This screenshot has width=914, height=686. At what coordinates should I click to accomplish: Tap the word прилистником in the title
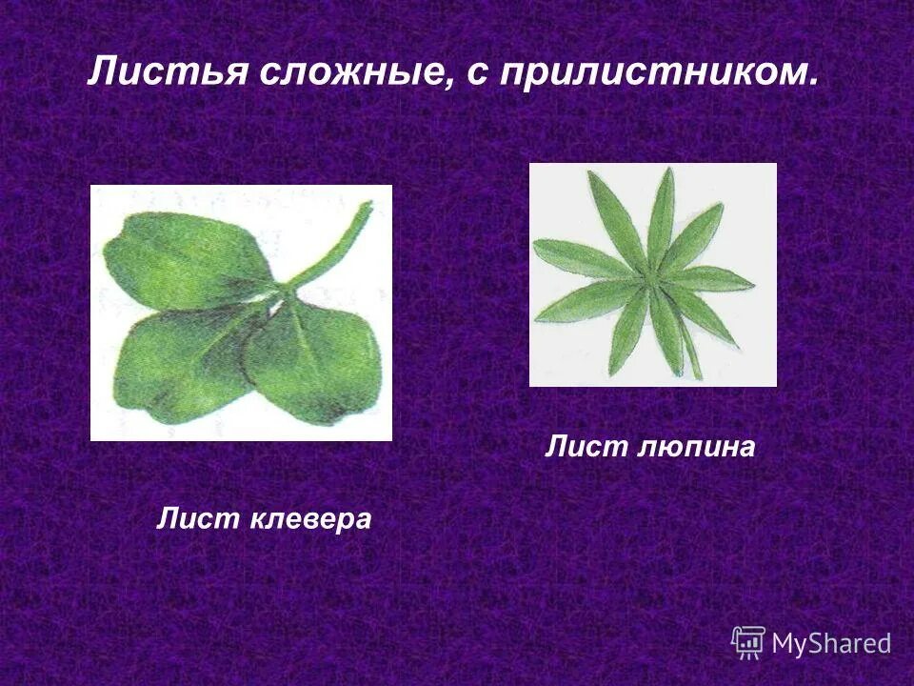coord(647,73)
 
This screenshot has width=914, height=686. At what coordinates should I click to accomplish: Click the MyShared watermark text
coord(831,643)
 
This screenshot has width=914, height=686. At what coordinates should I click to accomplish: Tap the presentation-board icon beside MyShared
coord(748,641)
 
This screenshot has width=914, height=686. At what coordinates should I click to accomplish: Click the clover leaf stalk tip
coord(367,207)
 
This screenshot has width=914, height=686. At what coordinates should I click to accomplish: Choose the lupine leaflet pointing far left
coord(571,255)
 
